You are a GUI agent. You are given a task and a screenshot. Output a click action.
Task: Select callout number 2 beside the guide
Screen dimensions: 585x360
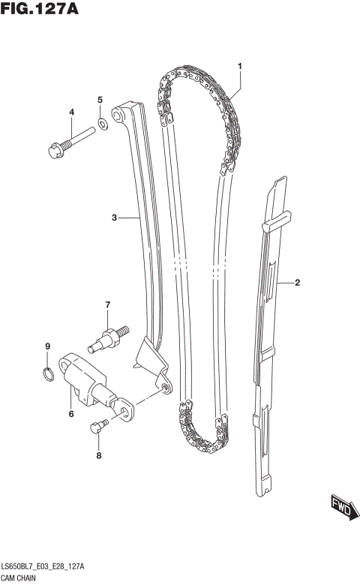click(x=297, y=283)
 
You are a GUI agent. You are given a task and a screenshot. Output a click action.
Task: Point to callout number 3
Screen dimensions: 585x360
click(x=115, y=218)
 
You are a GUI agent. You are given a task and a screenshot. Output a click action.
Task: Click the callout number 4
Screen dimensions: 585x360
click(x=72, y=112)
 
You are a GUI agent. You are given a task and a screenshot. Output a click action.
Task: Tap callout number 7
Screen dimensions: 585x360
click(x=107, y=304)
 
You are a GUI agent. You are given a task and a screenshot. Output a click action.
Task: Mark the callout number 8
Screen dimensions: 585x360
click(x=97, y=454)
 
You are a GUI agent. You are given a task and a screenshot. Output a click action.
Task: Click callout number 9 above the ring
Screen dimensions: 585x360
click(x=46, y=346)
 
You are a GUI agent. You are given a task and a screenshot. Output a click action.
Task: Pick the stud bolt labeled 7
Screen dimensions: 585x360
click(x=109, y=335)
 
